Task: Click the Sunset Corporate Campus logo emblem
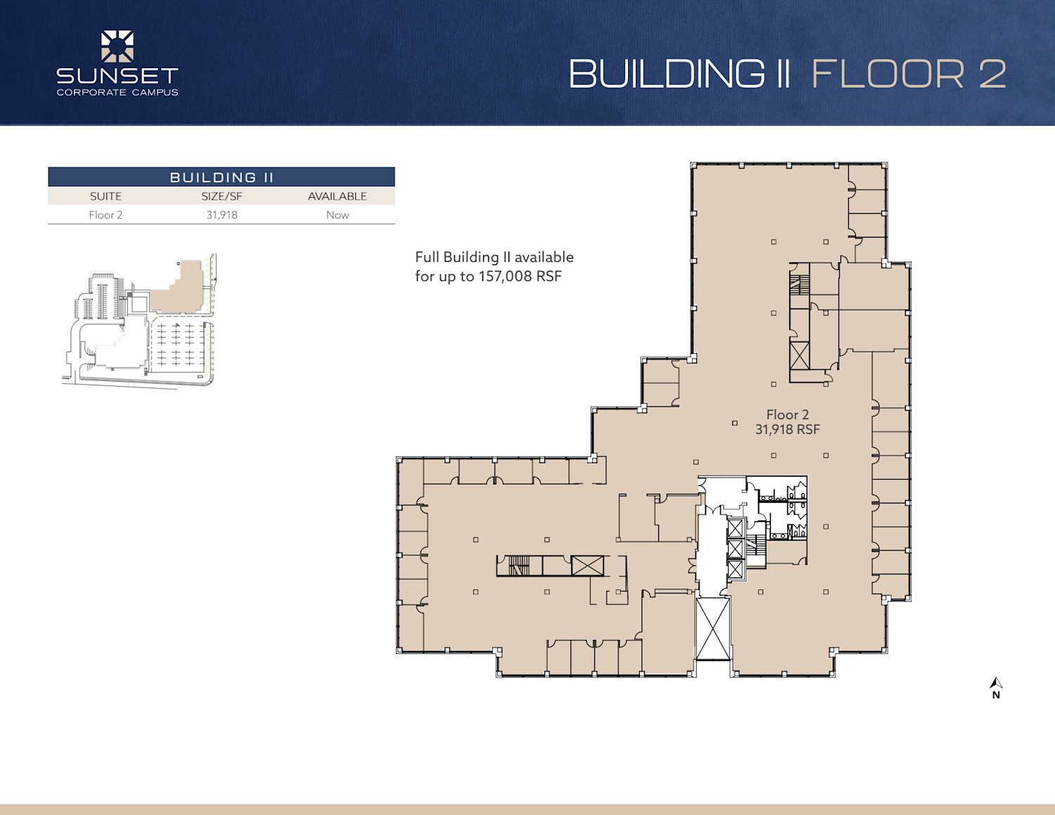pos(117,46)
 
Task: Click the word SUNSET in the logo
pos(117,76)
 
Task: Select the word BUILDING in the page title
pos(667,74)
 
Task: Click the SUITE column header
pos(105,196)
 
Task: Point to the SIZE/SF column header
pos(222,196)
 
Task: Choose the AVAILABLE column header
pos(338,196)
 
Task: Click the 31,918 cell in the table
pos(222,215)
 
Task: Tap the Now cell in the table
pos(338,215)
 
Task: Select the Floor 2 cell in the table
pos(105,215)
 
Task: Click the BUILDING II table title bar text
pos(222,177)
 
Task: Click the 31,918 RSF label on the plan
pos(788,430)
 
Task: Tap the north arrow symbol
pos(996,683)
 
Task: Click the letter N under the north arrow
pos(996,695)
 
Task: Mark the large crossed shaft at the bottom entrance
pos(713,629)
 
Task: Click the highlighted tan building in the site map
pos(179,289)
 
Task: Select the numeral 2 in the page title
pos(992,74)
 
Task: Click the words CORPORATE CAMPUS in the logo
pos(117,92)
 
